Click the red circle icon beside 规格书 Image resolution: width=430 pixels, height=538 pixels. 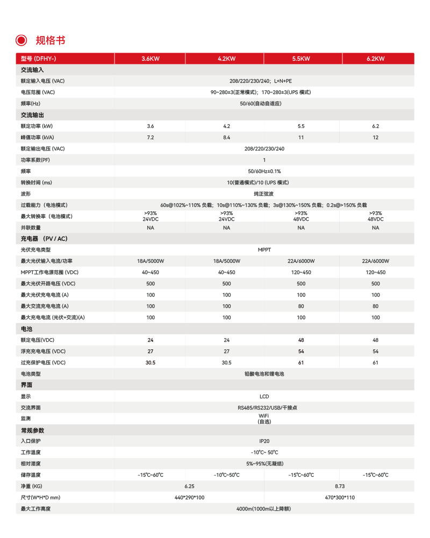point(21,40)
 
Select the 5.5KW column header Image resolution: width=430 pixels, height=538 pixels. point(301,59)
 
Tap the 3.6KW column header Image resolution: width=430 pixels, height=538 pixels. point(150,59)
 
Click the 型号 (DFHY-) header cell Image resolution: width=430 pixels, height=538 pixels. point(38,59)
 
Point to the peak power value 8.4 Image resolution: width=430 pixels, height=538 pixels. point(226,137)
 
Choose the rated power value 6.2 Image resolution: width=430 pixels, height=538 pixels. point(375,126)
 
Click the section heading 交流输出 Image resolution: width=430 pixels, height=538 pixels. point(32,115)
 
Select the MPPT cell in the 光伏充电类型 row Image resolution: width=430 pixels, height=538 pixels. point(264,250)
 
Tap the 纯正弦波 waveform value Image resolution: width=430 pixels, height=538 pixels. point(264,193)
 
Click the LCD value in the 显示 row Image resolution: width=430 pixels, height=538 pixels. point(264,397)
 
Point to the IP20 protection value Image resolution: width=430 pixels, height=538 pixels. point(264,441)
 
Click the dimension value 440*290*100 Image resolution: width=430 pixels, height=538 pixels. point(189,497)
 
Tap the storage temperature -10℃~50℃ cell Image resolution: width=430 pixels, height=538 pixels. point(226,475)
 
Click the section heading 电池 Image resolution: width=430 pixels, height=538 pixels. point(26,328)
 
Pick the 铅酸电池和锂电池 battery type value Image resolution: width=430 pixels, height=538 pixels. point(264,374)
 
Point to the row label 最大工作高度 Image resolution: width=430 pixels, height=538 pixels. point(35,508)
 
